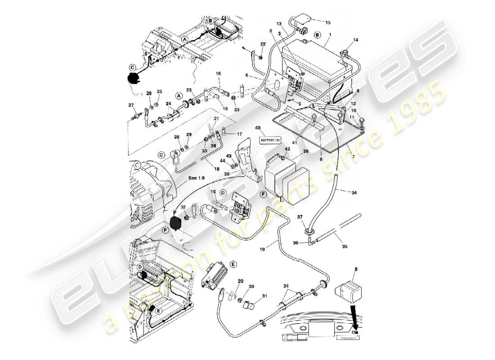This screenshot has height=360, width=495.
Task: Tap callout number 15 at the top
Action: tap(328, 22)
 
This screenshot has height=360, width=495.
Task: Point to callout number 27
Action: tap(131, 105)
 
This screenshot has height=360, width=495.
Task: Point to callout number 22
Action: tap(263, 43)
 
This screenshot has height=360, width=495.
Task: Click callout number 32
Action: tap(183, 207)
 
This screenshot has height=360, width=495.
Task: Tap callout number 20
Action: tap(240, 281)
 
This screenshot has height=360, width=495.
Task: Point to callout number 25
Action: tap(159, 92)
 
